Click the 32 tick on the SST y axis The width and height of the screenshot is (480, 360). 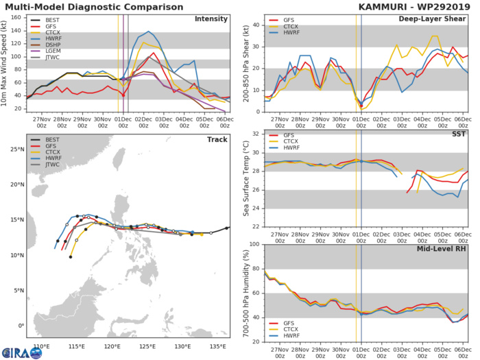coord(254,134)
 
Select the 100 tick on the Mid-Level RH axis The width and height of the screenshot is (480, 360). coord(253,244)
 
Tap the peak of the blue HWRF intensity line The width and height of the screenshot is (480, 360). coord(148,32)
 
